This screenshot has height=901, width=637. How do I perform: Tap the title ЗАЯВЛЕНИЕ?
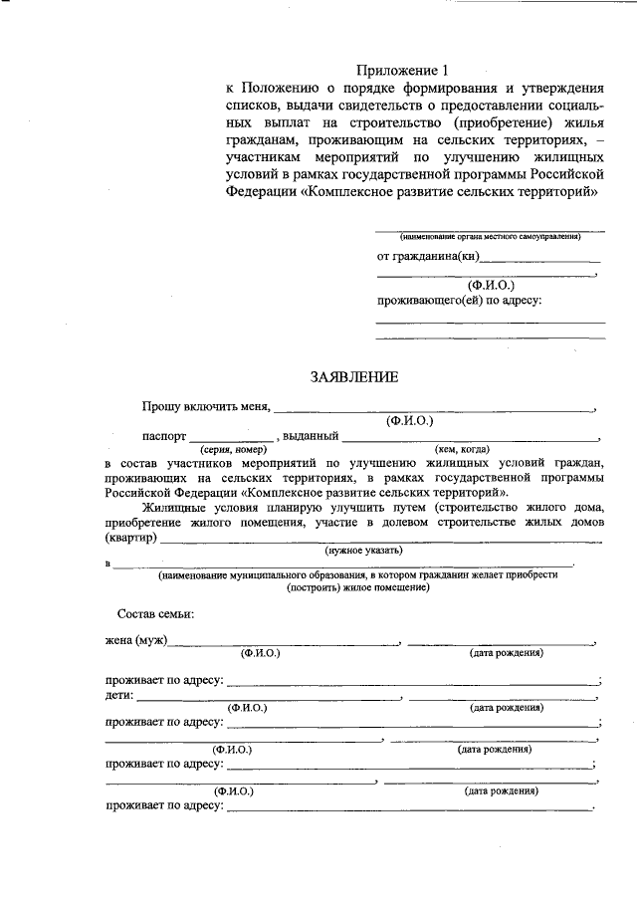pos(354,377)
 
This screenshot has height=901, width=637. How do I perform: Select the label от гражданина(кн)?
pos(429,256)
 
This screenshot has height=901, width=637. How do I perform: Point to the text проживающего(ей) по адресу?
pos(459,300)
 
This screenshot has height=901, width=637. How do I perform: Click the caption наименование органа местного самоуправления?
pos(489,237)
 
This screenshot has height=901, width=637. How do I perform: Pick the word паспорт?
pos(163,436)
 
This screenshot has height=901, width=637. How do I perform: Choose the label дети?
pos(119,695)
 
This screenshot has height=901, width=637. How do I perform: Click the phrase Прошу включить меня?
pos(204,407)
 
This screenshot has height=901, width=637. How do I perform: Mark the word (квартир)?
pos(130,538)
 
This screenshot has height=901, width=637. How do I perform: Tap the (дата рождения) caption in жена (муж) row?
pos(506,654)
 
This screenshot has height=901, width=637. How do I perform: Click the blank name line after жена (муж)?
pos(284,643)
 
